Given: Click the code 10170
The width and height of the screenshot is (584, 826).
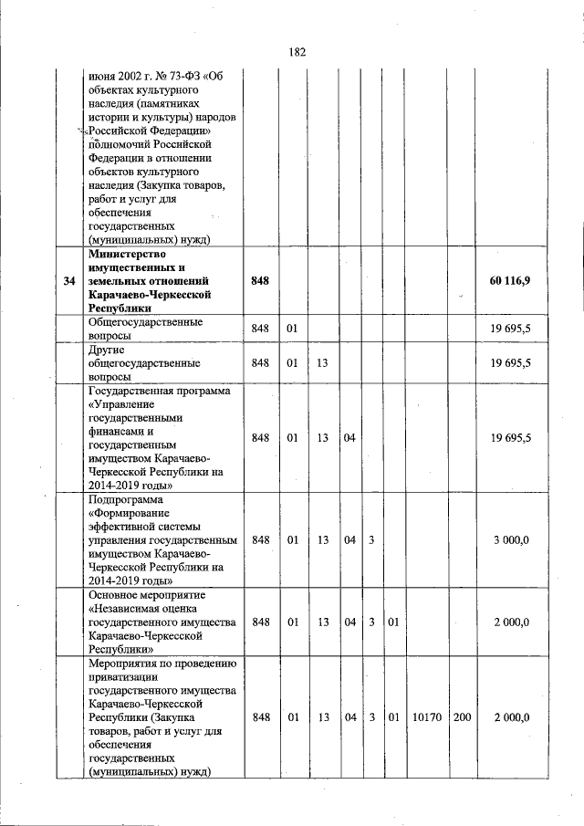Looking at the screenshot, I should click(x=426, y=716).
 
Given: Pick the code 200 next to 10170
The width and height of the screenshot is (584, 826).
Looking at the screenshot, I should click(x=462, y=716).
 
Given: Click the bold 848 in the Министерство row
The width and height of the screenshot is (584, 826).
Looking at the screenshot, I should click(x=260, y=281).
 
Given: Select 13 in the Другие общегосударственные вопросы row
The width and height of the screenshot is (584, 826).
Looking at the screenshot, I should click(x=322, y=362).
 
